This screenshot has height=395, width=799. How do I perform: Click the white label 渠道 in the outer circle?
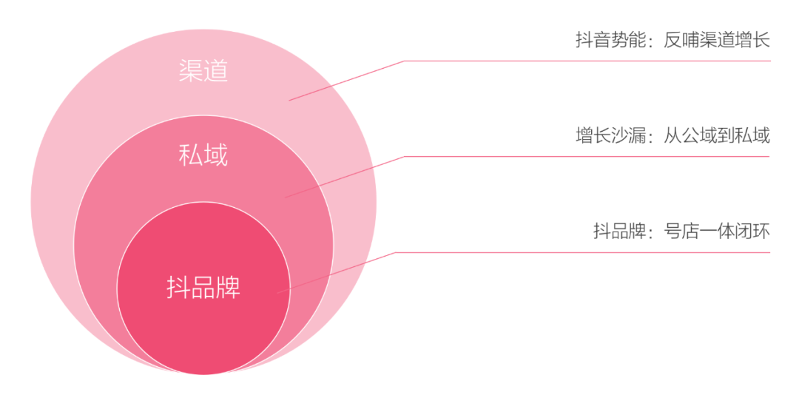point(203,71)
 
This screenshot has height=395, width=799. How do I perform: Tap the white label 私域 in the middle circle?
point(203,155)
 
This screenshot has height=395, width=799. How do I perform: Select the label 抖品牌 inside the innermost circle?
point(203,288)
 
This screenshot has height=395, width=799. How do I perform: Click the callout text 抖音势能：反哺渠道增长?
point(672,40)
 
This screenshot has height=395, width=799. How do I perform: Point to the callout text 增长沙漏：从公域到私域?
point(672,135)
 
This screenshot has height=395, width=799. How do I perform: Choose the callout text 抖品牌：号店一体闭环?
point(681,232)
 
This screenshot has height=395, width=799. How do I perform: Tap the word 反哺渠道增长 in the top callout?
point(716,40)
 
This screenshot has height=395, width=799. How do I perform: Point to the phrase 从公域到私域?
point(716,135)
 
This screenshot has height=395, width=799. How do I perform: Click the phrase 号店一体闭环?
point(716,232)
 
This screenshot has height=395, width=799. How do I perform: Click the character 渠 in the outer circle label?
point(191,71)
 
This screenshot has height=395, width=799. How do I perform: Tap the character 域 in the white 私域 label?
point(215,155)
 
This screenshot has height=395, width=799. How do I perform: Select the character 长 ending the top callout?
point(761,40)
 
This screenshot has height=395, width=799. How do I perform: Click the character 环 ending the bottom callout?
point(761,232)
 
